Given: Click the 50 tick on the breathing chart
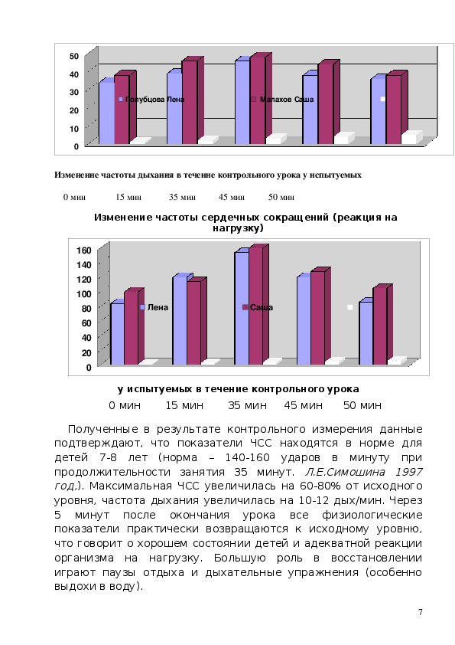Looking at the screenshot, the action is (x=74, y=56).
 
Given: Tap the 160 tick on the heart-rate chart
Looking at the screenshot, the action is (x=84, y=250).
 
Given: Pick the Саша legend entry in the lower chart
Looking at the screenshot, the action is (x=258, y=307).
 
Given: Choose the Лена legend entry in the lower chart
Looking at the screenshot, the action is (x=154, y=307).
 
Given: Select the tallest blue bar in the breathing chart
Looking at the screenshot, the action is (x=242, y=101).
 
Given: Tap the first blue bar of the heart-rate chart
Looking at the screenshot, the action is (x=118, y=333).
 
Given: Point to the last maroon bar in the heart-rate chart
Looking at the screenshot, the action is (x=380, y=326).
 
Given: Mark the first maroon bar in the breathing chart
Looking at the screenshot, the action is (x=122, y=109).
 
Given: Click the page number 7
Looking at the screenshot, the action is (x=420, y=612).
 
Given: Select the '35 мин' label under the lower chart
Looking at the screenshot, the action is (x=247, y=405).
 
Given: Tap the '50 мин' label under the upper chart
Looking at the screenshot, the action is (x=281, y=197).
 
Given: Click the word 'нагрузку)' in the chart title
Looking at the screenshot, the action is (x=238, y=228).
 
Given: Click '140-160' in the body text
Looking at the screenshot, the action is (x=247, y=457).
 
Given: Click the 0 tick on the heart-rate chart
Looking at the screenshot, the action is (x=89, y=368).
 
